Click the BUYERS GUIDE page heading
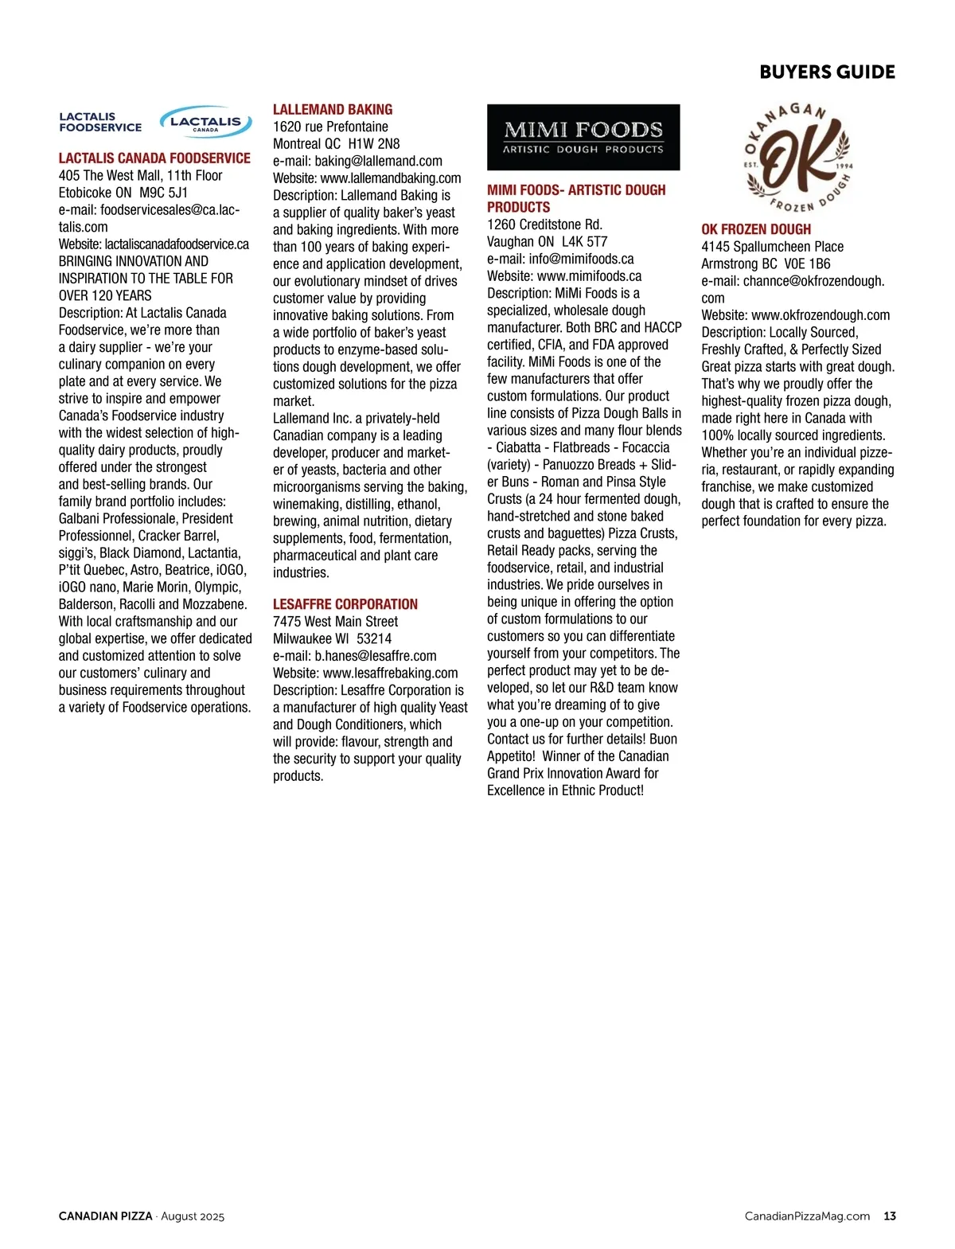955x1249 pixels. pyautogui.click(x=827, y=72)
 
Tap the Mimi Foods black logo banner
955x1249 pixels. pyautogui.click(x=583, y=137)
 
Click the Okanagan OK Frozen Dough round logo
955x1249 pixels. pyautogui.click(x=798, y=158)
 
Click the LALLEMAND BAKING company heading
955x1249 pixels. pyautogui.click(x=333, y=110)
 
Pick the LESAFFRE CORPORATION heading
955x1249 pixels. pyautogui.click(x=345, y=604)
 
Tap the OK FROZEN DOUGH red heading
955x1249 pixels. pyautogui.click(x=756, y=229)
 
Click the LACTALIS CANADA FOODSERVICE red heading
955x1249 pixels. pyautogui.click(x=154, y=158)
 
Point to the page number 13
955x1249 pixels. pyautogui.click(x=890, y=1216)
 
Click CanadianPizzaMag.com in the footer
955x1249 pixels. pyautogui.click(x=807, y=1216)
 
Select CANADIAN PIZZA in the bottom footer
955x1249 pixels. pyautogui.click(x=105, y=1216)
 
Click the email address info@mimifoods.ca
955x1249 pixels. pyautogui.click(x=581, y=259)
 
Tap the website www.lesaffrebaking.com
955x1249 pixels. pyautogui.click(x=390, y=673)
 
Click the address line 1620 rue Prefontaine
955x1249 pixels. pyautogui.click(x=330, y=127)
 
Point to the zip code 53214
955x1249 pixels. pyautogui.click(x=374, y=638)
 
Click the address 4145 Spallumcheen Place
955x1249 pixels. pyautogui.click(x=772, y=247)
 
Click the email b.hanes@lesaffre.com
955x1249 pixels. pyautogui.click(x=375, y=656)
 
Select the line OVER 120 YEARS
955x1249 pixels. pyautogui.click(x=105, y=295)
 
